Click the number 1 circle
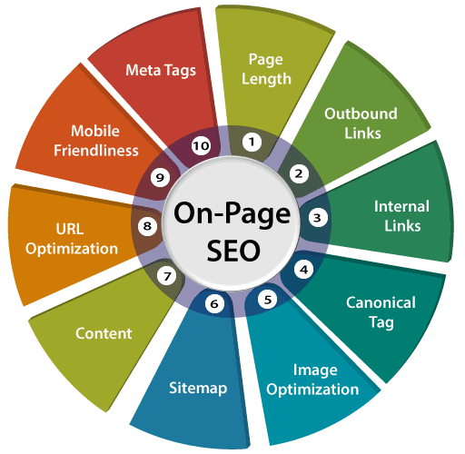[252, 142]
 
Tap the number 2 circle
[299, 173]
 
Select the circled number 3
[318, 217]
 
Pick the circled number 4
[304, 270]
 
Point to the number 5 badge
[268, 300]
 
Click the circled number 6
[214, 303]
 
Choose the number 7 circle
[167, 276]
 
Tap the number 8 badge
[147, 226]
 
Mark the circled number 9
[160, 177]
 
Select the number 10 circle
[201, 146]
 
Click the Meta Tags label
[161, 71]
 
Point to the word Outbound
[361, 113]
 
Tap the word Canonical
[381, 302]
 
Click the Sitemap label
[198, 389]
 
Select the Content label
[104, 333]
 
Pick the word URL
[70, 229]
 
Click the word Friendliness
[96, 151]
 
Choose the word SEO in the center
[233, 251]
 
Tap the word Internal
[401, 206]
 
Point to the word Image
[315, 370]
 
